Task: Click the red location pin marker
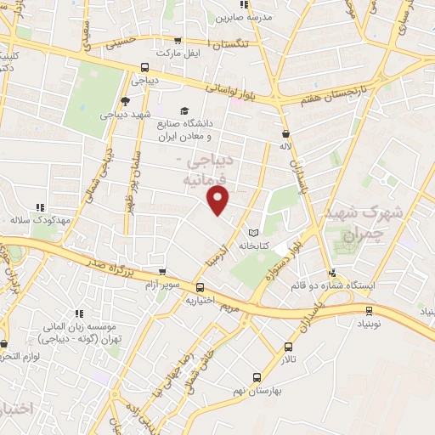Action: click(x=219, y=201)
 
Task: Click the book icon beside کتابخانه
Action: click(x=252, y=232)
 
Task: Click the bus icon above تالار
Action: click(x=288, y=347)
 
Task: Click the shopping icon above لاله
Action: click(x=285, y=133)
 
